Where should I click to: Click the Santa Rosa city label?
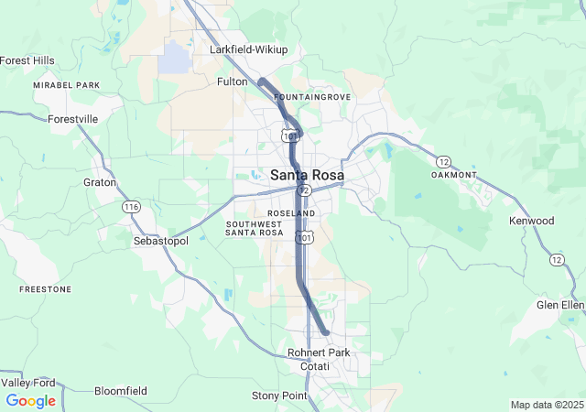pos(308,175)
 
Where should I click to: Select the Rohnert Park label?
pos(319,352)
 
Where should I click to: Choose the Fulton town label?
pos(232,81)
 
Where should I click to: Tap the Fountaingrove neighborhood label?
pos(311,96)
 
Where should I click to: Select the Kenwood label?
pos(532,221)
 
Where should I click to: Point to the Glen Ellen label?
pos(560,305)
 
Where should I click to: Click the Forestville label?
pos(72,119)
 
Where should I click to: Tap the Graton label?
pos(100,182)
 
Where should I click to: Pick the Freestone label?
pos(45,289)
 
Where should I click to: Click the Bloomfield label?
pos(120,391)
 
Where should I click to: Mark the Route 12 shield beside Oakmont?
pos(443,161)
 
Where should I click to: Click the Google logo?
pos(30,401)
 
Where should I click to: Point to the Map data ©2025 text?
pos(546,405)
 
